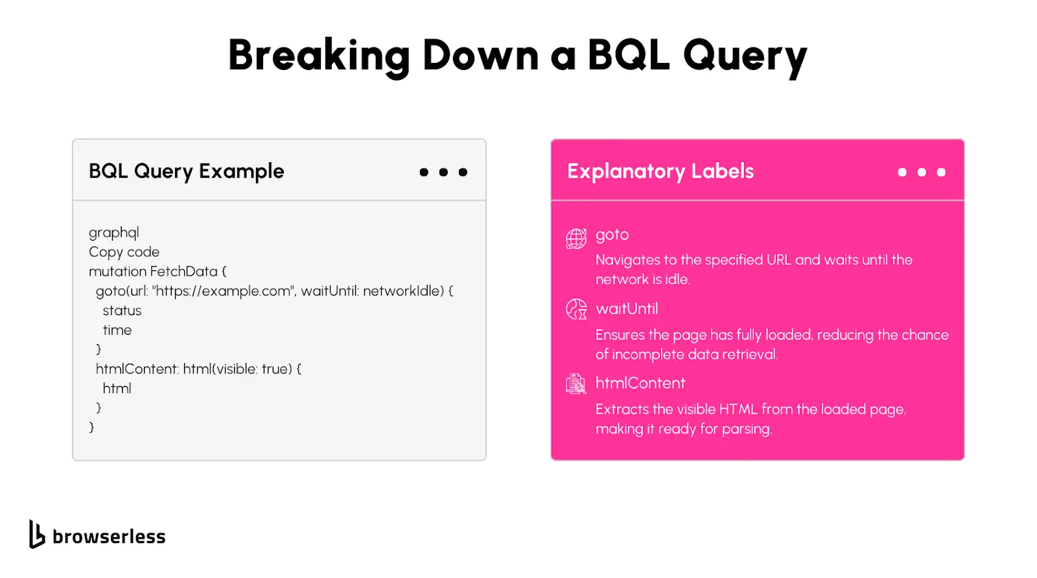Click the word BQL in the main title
click(629, 54)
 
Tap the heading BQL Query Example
click(186, 171)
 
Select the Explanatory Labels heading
click(660, 171)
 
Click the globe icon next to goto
click(576, 239)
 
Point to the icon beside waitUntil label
click(576, 309)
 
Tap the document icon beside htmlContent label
click(576, 384)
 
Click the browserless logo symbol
click(37, 534)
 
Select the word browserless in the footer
click(109, 536)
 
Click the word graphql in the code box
click(114, 233)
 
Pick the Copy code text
click(124, 252)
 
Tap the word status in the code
click(122, 311)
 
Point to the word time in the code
click(117, 330)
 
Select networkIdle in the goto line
click(403, 291)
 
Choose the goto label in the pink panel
click(612, 235)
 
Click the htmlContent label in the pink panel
click(640, 383)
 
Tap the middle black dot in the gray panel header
click(443, 173)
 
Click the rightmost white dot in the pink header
click(941, 173)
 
